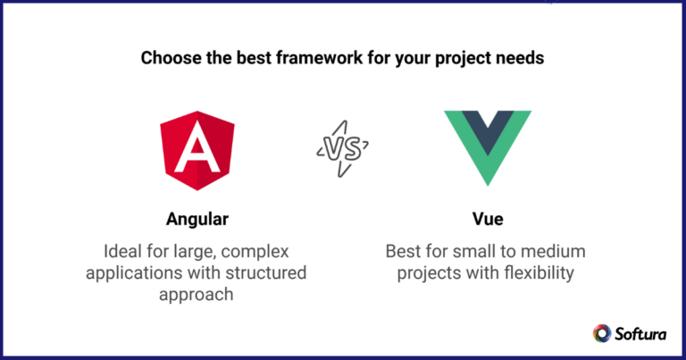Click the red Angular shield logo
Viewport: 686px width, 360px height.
pyautogui.click(x=197, y=150)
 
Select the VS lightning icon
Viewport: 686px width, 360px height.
pyautogui.click(x=343, y=148)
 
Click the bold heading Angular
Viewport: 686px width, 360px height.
pyautogui.click(x=197, y=219)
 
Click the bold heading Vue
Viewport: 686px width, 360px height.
pyautogui.click(x=488, y=219)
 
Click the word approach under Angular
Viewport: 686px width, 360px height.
pyautogui.click(x=197, y=296)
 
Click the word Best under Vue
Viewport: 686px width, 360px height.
pyautogui.click(x=402, y=252)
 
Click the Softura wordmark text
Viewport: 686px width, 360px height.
pyautogui.click(x=640, y=334)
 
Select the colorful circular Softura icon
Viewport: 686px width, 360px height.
pyautogui.click(x=602, y=333)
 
